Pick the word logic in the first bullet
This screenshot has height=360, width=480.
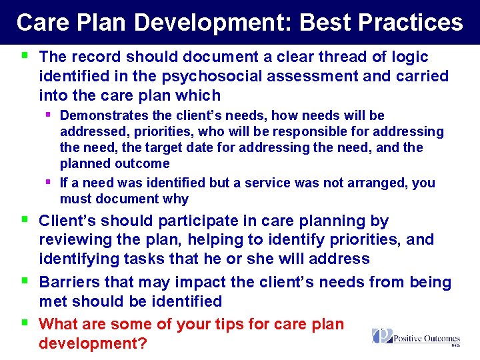pyautogui.click(x=405, y=57)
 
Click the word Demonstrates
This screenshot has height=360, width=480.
pyautogui.click(x=103, y=116)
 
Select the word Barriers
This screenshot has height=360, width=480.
pyautogui.click(x=69, y=283)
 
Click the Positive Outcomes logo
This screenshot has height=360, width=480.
pyautogui.click(x=416, y=337)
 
